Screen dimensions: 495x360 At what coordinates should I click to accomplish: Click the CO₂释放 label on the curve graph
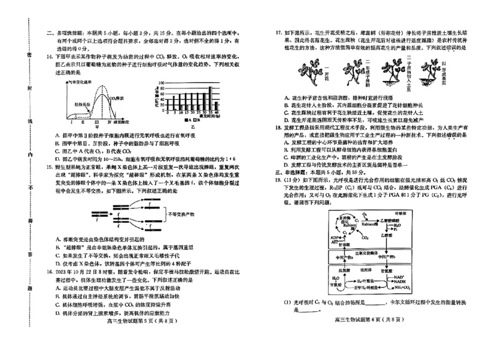point(116,97)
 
